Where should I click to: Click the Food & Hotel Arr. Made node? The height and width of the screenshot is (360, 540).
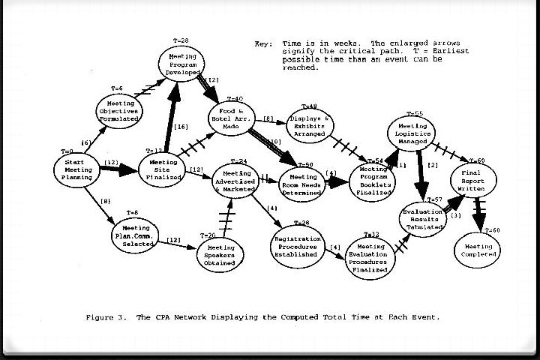click(232, 119)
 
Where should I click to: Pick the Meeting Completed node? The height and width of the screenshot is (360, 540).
click(478, 250)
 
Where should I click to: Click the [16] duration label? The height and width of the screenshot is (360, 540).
click(181, 127)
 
